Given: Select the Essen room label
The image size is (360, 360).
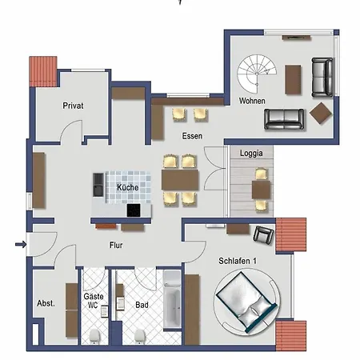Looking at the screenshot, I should point(191,136).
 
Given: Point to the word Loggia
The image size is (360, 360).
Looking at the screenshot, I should point(252,153).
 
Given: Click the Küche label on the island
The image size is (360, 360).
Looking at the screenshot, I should point(127,187).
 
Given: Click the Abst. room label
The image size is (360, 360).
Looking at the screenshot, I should point(46,303).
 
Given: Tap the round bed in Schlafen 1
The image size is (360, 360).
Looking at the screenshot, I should point(246,302).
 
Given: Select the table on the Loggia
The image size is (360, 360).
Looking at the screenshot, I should point(261,190).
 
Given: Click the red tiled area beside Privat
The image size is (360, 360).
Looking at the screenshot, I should point(41,72).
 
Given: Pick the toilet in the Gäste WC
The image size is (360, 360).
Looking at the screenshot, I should point(95,334).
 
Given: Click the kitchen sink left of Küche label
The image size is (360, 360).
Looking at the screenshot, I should point(98,185).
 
